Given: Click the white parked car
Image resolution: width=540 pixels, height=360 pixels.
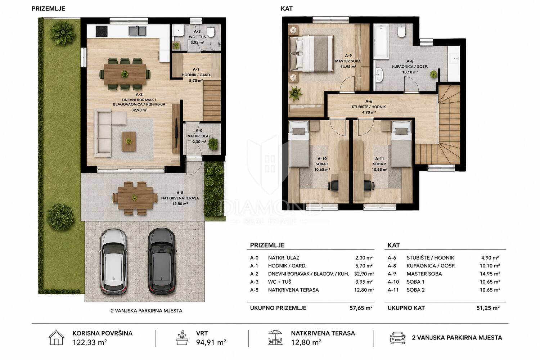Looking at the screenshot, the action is (x=113, y=262).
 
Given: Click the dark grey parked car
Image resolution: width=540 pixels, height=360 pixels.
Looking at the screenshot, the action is (x=161, y=262).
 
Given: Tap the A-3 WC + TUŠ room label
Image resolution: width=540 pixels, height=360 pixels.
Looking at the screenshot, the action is (x=197, y=37).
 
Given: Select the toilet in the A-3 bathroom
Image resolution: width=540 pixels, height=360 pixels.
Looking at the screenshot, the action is (x=211, y=32).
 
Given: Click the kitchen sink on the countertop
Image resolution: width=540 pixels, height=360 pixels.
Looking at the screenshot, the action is (x=137, y=31).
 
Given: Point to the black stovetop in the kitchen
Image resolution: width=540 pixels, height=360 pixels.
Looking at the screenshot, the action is (x=102, y=31).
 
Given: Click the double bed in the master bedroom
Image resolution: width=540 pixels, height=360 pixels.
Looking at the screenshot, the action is (x=311, y=54).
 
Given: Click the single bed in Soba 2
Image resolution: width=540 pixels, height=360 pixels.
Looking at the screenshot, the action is (x=401, y=144).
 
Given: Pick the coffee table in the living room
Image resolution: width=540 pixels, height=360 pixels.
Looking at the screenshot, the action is (x=129, y=141).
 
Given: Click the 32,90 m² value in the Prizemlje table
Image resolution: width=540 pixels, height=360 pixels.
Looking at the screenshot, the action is (x=364, y=274).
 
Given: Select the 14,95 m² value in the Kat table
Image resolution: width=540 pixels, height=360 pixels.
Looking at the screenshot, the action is (x=490, y=274).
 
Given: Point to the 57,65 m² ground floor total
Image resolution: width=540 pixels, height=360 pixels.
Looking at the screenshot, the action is (x=361, y=308).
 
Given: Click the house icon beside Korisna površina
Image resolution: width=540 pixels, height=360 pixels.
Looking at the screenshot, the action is (x=57, y=338).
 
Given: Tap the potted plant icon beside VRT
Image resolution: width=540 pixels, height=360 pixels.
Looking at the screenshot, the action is (x=182, y=338).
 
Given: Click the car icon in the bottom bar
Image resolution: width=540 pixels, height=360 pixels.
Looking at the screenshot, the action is (x=397, y=338).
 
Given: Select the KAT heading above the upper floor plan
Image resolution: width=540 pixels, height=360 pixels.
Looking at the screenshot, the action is (x=287, y=9).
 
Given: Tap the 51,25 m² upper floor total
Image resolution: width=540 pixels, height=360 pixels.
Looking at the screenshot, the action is (x=488, y=308).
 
